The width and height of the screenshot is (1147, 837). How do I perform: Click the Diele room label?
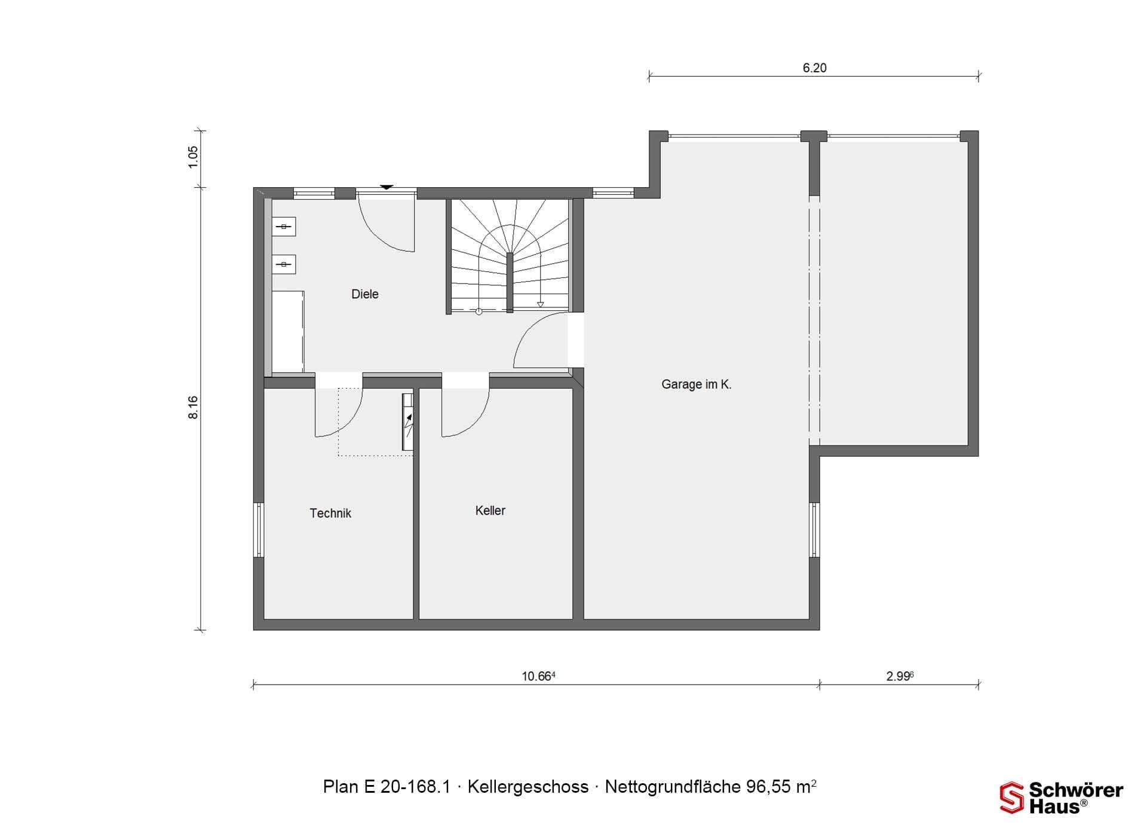point(364,294)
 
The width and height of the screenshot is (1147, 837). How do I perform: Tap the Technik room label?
point(330,513)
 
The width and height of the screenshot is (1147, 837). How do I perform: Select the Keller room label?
point(490,511)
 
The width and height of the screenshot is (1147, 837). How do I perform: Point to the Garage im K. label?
point(697,384)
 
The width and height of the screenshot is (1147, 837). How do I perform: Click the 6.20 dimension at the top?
point(815,68)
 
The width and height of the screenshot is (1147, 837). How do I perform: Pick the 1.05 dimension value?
point(193,157)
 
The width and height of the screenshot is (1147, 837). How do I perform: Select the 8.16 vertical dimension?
point(193,408)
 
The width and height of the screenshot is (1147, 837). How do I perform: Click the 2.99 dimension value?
point(900,676)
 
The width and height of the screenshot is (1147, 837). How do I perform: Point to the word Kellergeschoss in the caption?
point(528,787)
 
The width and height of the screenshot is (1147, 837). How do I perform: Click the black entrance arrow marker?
point(387,187)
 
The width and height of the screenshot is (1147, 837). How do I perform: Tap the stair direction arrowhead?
point(541,304)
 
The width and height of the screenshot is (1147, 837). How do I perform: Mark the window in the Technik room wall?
point(259,530)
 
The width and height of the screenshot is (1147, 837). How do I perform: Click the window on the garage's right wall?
point(815,530)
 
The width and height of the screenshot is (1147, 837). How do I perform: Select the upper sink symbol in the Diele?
point(284,227)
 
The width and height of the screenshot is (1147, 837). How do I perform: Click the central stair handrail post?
point(510,283)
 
